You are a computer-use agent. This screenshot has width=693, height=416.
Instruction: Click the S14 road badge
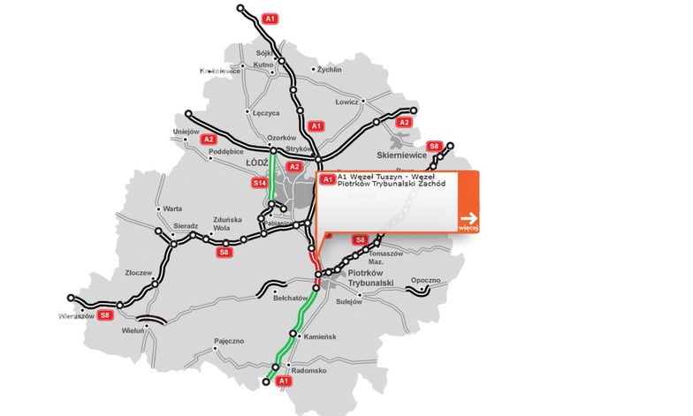(259, 183)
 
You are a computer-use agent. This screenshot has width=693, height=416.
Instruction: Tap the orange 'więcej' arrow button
(468, 220)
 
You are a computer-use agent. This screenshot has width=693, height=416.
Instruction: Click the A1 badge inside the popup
(327, 179)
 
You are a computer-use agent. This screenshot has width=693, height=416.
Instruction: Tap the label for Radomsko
(309, 371)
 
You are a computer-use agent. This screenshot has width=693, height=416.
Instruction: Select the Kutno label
(263, 64)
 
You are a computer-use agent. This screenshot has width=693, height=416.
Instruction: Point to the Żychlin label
(329, 68)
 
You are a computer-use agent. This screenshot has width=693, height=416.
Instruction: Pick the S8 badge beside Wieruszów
(105, 314)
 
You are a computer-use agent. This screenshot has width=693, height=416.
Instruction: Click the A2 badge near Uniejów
(209, 140)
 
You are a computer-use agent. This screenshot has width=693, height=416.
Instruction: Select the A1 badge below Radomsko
(284, 381)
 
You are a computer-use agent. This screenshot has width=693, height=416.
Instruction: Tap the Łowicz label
(346, 102)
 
